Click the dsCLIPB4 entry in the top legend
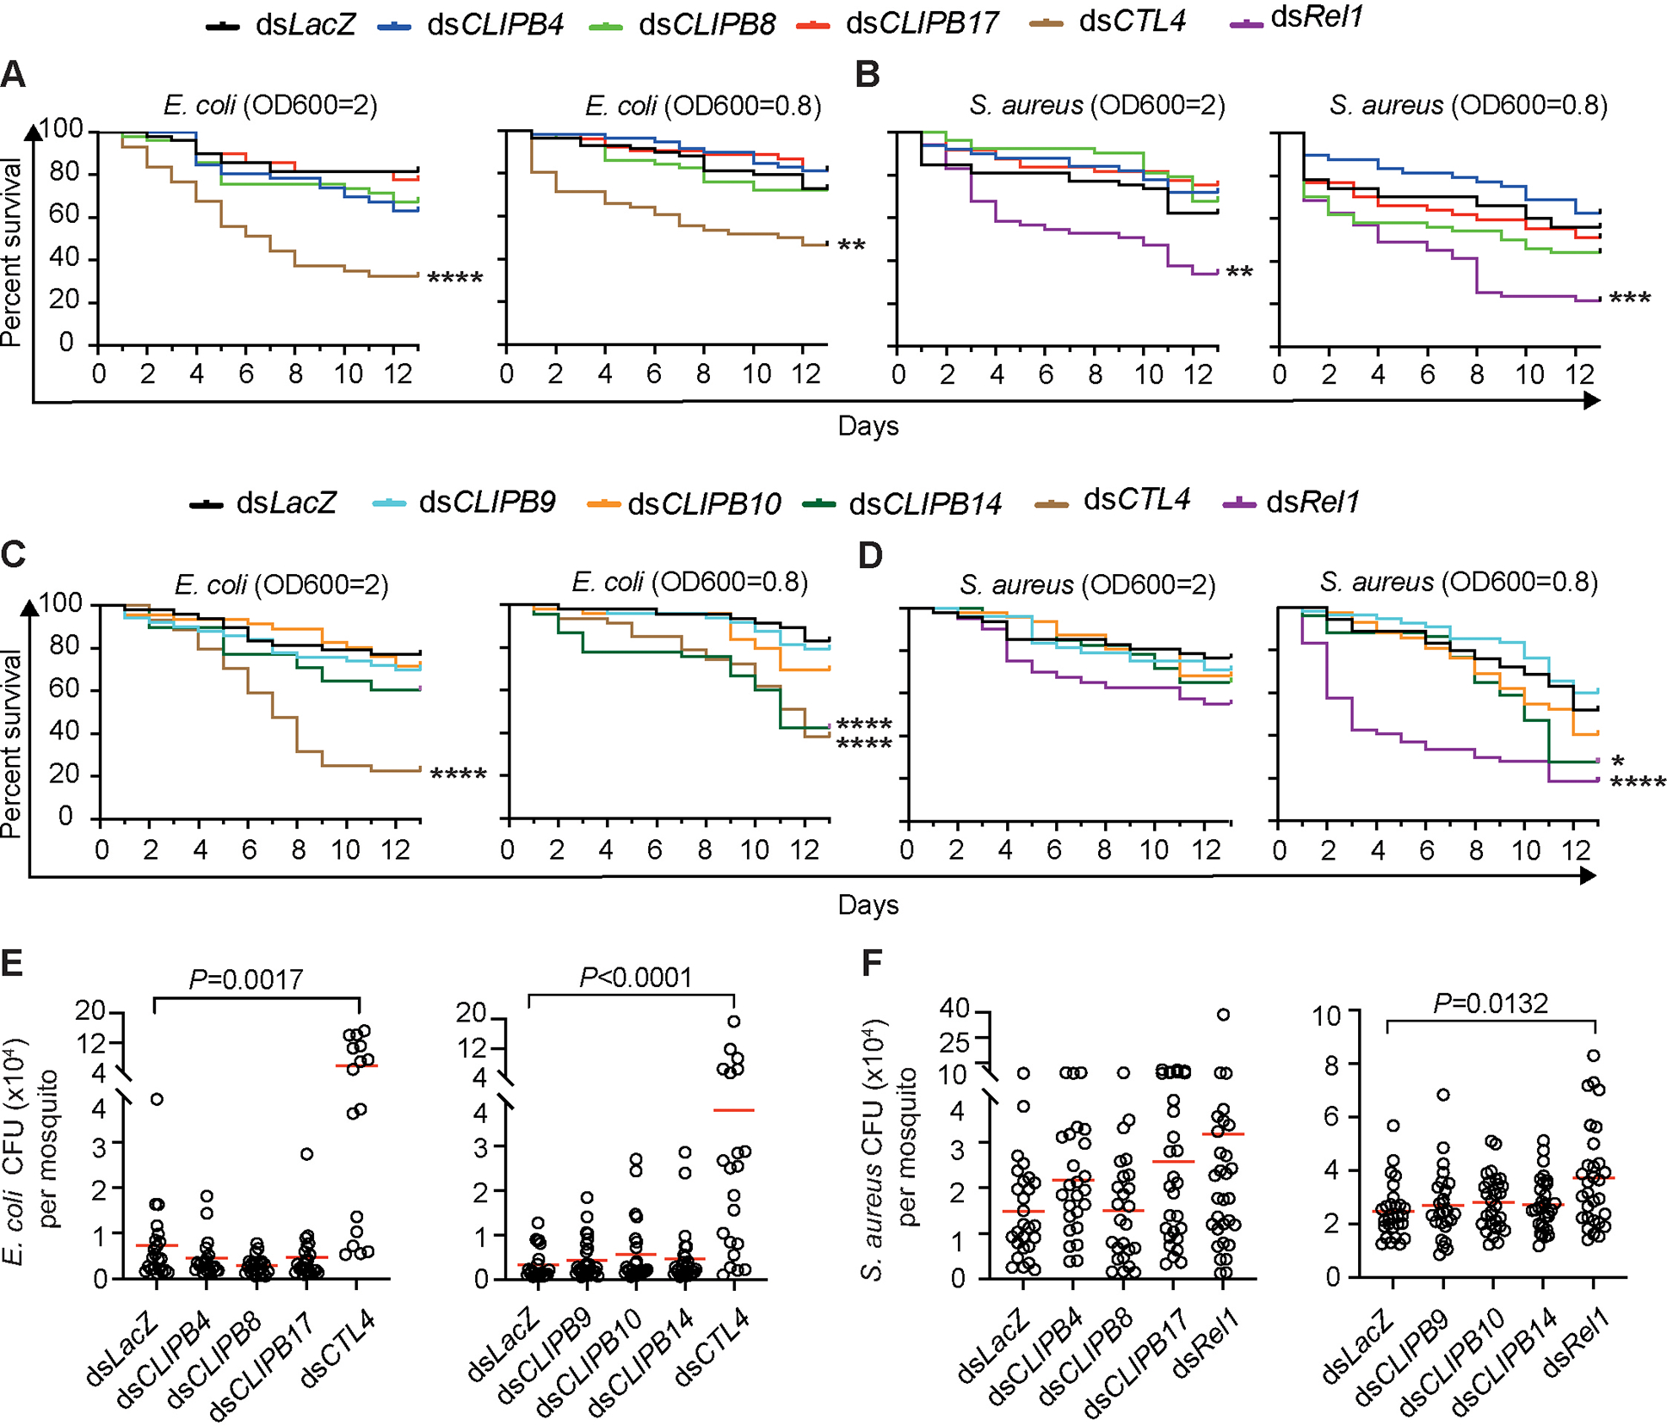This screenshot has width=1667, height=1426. pos(495,24)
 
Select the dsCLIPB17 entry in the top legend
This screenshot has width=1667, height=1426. pos(922,23)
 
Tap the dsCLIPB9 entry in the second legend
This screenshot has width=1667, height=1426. pos(486,502)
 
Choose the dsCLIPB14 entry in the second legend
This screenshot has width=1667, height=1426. pos(924,503)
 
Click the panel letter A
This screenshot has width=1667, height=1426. pos(13,75)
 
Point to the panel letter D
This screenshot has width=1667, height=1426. pos(870,555)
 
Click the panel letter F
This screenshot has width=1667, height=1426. pos(872,963)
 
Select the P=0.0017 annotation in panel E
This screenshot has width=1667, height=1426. pos(246,979)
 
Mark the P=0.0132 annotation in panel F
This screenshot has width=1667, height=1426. pos(1491,1003)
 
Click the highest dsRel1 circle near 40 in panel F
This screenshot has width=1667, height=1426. pos(1223,1015)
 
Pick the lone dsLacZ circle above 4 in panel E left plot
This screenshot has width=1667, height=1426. pos(157,1099)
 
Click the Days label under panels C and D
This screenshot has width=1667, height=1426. pos(867,905)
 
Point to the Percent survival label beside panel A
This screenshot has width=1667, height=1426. pos(11,251)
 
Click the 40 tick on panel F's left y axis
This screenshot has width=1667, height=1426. pos(954,1008)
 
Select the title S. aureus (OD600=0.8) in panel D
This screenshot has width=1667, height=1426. pos(1459,583)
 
